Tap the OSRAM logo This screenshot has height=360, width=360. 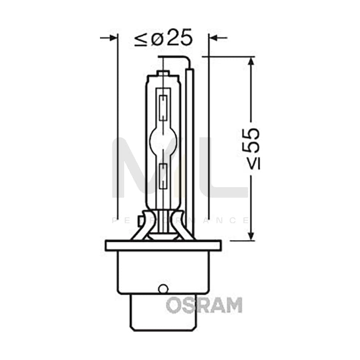click(x=204, y=305)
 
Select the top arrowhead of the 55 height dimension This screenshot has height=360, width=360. click(x=251, y=62)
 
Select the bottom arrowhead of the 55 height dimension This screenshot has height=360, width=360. click(x=251, y=236)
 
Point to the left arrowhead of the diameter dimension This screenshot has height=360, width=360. click(x=114, y=37)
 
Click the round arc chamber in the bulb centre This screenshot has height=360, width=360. click(x=163, y=140)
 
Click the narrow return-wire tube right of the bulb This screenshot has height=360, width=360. click(x=191, y=148)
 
